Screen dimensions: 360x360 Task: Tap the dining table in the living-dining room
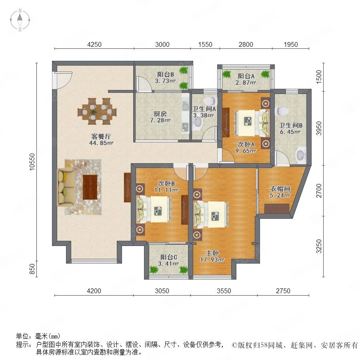point(97,112)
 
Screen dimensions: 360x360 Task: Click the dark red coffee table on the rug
point(90,187)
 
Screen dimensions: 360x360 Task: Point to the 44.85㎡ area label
point(101,143)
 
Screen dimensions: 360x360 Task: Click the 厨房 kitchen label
point(160,114)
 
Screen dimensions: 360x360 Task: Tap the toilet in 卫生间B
point(283,111)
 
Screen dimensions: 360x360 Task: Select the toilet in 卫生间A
point(210,100)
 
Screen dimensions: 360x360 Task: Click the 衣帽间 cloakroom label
point(280,189)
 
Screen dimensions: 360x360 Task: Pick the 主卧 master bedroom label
point(212,253)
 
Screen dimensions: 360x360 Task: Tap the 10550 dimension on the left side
point(32,162)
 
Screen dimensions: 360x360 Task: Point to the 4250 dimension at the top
point(94,44)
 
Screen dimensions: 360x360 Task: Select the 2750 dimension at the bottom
point(283,291)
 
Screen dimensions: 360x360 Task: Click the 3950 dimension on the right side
point(319,128)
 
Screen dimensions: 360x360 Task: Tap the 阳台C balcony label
point(168,257)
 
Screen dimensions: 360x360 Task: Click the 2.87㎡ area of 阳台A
point(246,82)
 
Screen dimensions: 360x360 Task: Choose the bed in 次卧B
point(154,209)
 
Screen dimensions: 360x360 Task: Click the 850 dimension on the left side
point(32,269)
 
